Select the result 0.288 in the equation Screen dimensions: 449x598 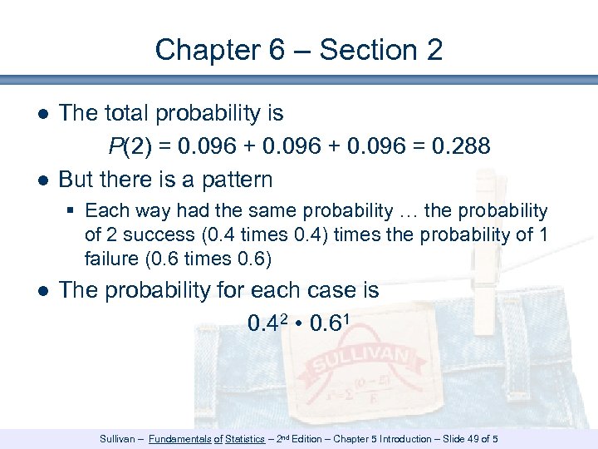(461, 146)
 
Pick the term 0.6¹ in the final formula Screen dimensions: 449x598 (331, 322)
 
